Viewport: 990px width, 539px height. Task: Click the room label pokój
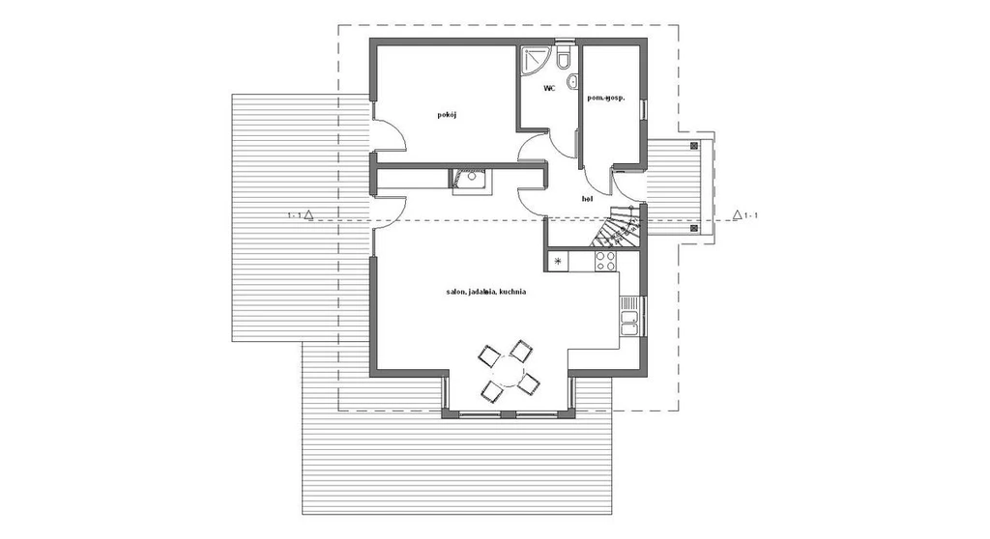coord(447,115)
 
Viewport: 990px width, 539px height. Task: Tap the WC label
coord(549,89)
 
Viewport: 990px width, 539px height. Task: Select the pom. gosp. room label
coord(606,98)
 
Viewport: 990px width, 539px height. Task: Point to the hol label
coord(587,199)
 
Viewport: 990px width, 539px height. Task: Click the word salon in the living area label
coord(456,293)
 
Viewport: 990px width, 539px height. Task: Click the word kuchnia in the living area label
coord(512,293)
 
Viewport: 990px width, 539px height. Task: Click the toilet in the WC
coord(564,55)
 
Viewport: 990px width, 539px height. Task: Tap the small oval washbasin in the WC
coord(573,81)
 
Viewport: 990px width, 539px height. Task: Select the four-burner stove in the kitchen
coord(605,262)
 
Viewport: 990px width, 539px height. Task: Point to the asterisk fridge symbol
coord(558,261)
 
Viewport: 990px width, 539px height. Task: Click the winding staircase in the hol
coord(618,225)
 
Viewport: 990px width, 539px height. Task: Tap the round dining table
coord(507,372)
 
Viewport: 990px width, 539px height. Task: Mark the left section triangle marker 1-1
coord(308,215)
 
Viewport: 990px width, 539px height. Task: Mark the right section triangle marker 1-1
coord(737,214)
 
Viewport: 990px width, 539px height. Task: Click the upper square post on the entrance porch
coord(694,145)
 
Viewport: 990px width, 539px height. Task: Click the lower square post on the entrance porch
coord(694,228)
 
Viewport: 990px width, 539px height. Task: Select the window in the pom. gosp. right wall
coord(643,109)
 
